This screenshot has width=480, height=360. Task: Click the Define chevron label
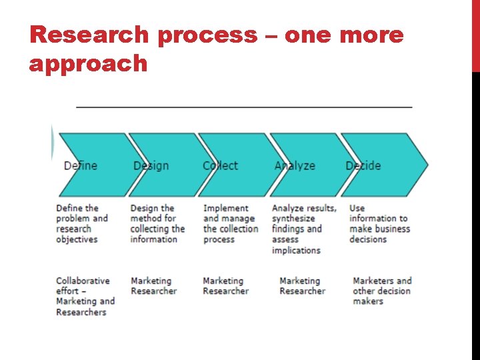pyautogui.click(x=80, y=166)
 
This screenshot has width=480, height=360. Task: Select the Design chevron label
pyautogui.click(x=151, y=166)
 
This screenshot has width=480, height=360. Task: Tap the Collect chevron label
pyautogui.click(x=220, y=166)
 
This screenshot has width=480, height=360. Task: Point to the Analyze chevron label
pyautogui.click(x=294, y=166)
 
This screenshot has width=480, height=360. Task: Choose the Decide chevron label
pyautogui.click(x=363, y=166)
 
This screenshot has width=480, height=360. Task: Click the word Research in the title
pyautogui.click(x=91, y=35)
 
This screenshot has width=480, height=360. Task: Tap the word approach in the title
pyautogui.click(x=88, y=64)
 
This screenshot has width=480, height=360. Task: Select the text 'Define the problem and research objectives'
pyautogui.click(x=81, y=223)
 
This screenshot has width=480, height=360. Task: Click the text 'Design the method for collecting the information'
pyautogui.click(x=157, y=223)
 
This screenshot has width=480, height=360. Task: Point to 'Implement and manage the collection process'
pyautogui.click(x=230, y=223)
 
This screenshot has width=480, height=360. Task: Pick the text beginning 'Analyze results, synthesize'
pyautogui.click(x=304, y=229)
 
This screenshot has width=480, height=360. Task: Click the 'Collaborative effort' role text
pyautogui.click(x=85, y=296)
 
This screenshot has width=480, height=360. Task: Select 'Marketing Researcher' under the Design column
pyautogui.click(x=153, y=286)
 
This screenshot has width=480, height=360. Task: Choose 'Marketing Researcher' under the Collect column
pyautogui.click(x=225, y=286)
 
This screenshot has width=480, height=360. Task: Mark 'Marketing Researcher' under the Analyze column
pyautogui.click(x=302, y=286)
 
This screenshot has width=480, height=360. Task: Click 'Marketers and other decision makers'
pyautogui.click(x=382, y=291)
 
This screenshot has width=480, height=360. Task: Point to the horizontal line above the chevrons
pyautogui.click(x=244, y=107)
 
